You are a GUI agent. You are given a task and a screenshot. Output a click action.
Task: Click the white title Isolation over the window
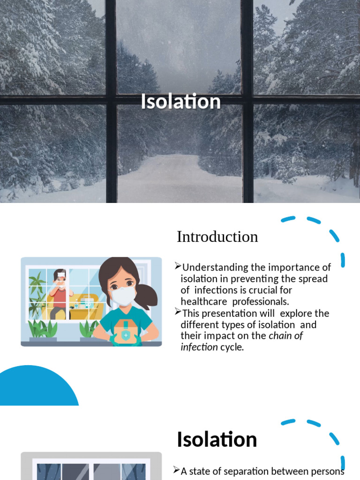coord(180,102)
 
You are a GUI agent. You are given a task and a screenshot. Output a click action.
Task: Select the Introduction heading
coord(217,237)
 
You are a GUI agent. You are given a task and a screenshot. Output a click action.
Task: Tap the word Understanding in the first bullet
coord(209,267)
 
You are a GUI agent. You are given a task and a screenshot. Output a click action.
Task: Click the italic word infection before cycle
coord(199,347)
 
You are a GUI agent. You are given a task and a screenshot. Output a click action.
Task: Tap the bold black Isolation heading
coord(217,440)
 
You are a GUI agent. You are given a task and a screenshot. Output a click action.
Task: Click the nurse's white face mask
coord(123,296)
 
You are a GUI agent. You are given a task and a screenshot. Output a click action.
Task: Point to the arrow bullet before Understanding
coord(178,267)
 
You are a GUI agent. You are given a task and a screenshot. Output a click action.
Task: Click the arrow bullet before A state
coord(177,470)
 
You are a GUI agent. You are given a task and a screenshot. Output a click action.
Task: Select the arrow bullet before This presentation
coord(178,312)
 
